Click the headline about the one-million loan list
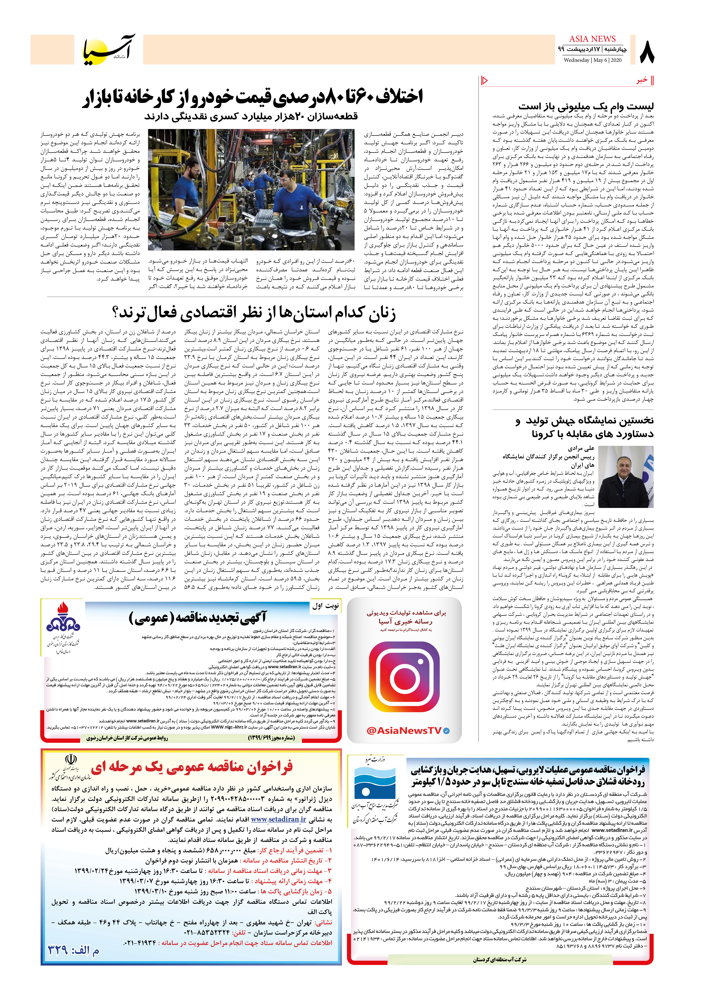point(585,106)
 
